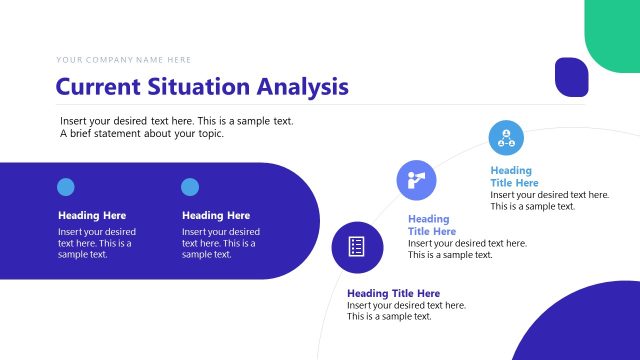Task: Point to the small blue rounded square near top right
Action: pyautogui.click(x=571, y=77)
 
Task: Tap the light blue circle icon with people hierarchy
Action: pyautogui.click(x=506, y=137)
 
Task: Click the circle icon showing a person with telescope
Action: pyautogui.click(x=416, y=179)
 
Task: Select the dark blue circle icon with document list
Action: pyautogui.click(x=355, y=245)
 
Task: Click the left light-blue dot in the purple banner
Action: pyautogui.click(x=66, y=186)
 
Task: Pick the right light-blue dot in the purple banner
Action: pyautogui.click(x=190, y=186)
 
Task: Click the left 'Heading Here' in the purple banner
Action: pyautogui.click(x=92, y=215)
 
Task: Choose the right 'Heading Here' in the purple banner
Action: pyautogui.click(x=216, y=215)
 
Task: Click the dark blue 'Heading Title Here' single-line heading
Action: pyautogui.click(x=394, y=293)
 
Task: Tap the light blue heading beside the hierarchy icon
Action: pyautogui.click(x=514, y=177)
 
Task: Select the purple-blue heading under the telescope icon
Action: pyautogui.click(x=431, y=225)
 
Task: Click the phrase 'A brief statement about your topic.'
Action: pyautogui.click(x=142, y=134)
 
